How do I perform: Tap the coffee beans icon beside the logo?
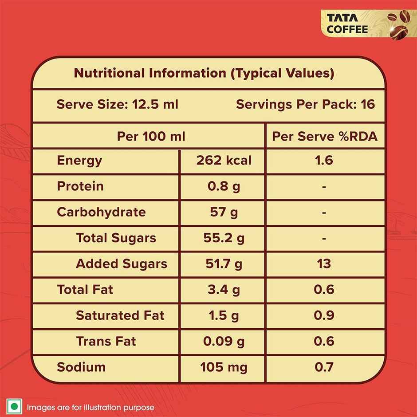(x=398, y=24)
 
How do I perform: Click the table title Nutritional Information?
(x=204, y=73)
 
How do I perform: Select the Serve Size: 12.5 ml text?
(x=117, y=105)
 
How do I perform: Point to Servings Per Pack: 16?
(x=305, y=105)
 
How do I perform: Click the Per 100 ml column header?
(x=151, y=136)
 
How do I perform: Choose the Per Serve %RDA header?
(x=325, y=136)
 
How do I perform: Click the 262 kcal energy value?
(x=224, y=160)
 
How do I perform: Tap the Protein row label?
(x=80, y=186)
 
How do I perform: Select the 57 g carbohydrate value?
(x=224, y=212)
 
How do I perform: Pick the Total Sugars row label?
(x=116, y=238)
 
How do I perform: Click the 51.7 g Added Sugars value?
(x=224, y=264)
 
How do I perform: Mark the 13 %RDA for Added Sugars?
(x=324, y=264)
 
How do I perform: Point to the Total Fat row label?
(x=85, y=290)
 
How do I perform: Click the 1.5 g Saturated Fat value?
(x=224, y=315)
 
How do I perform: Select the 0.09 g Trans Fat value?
(x=224, y=341)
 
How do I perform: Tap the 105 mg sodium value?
(x=224, y=367)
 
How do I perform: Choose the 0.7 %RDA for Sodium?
(x=324, y=367)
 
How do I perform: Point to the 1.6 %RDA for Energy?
(x=324, y=160)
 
